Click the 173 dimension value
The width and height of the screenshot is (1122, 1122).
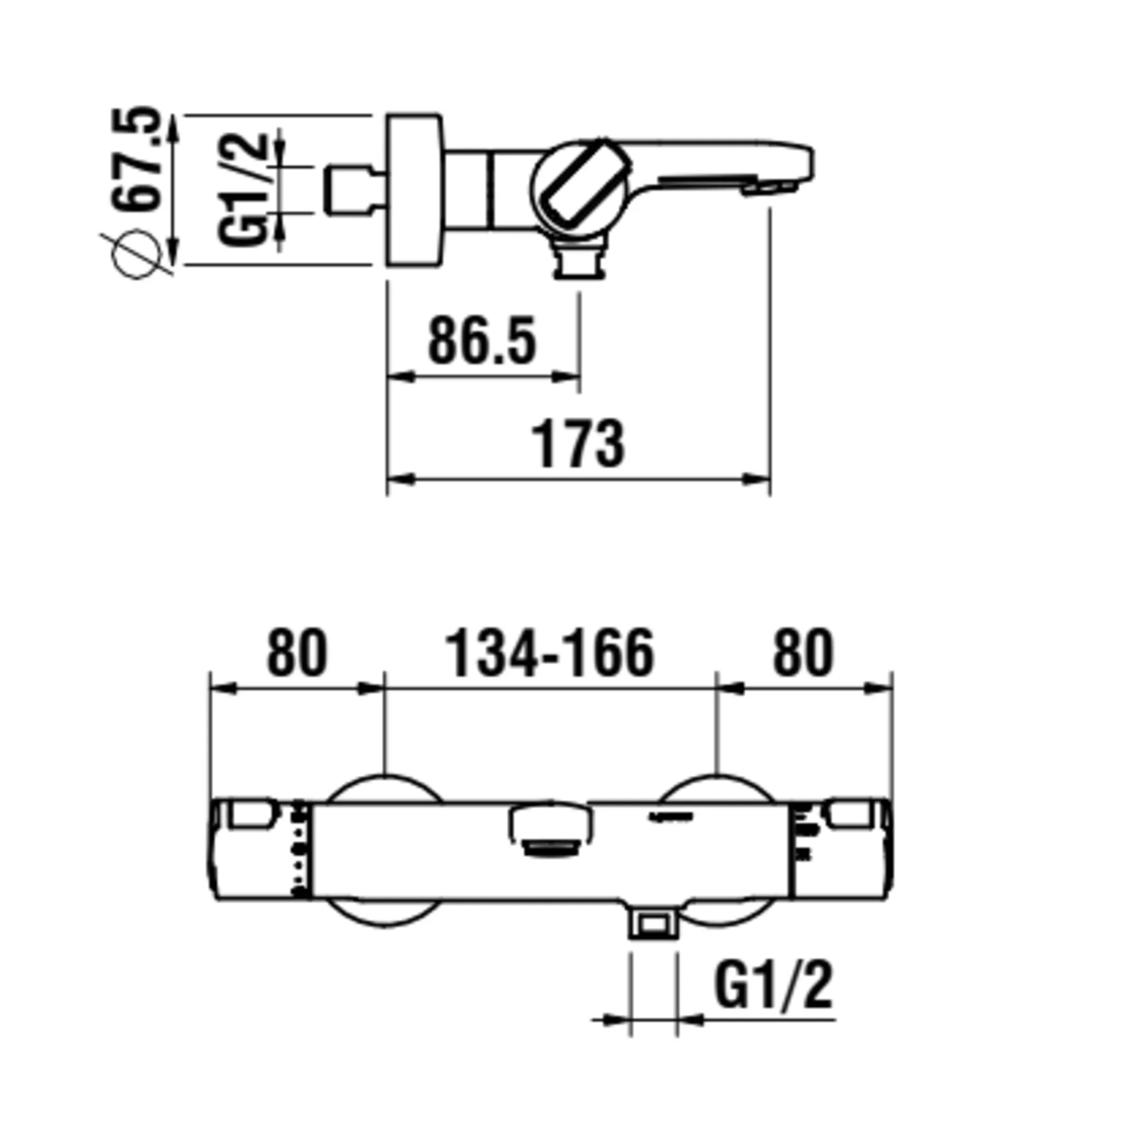click(x=579, y=444)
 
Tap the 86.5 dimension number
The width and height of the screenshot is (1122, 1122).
click(x=482, y=341)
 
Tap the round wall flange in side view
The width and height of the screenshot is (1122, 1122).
click(x=414, y=191)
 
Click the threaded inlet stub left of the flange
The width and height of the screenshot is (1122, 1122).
click(x=347, y=190)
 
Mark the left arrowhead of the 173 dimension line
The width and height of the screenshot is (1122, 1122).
click(x=400, y=479)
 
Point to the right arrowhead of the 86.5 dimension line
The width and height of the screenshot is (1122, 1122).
click(x=567, y=376)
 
